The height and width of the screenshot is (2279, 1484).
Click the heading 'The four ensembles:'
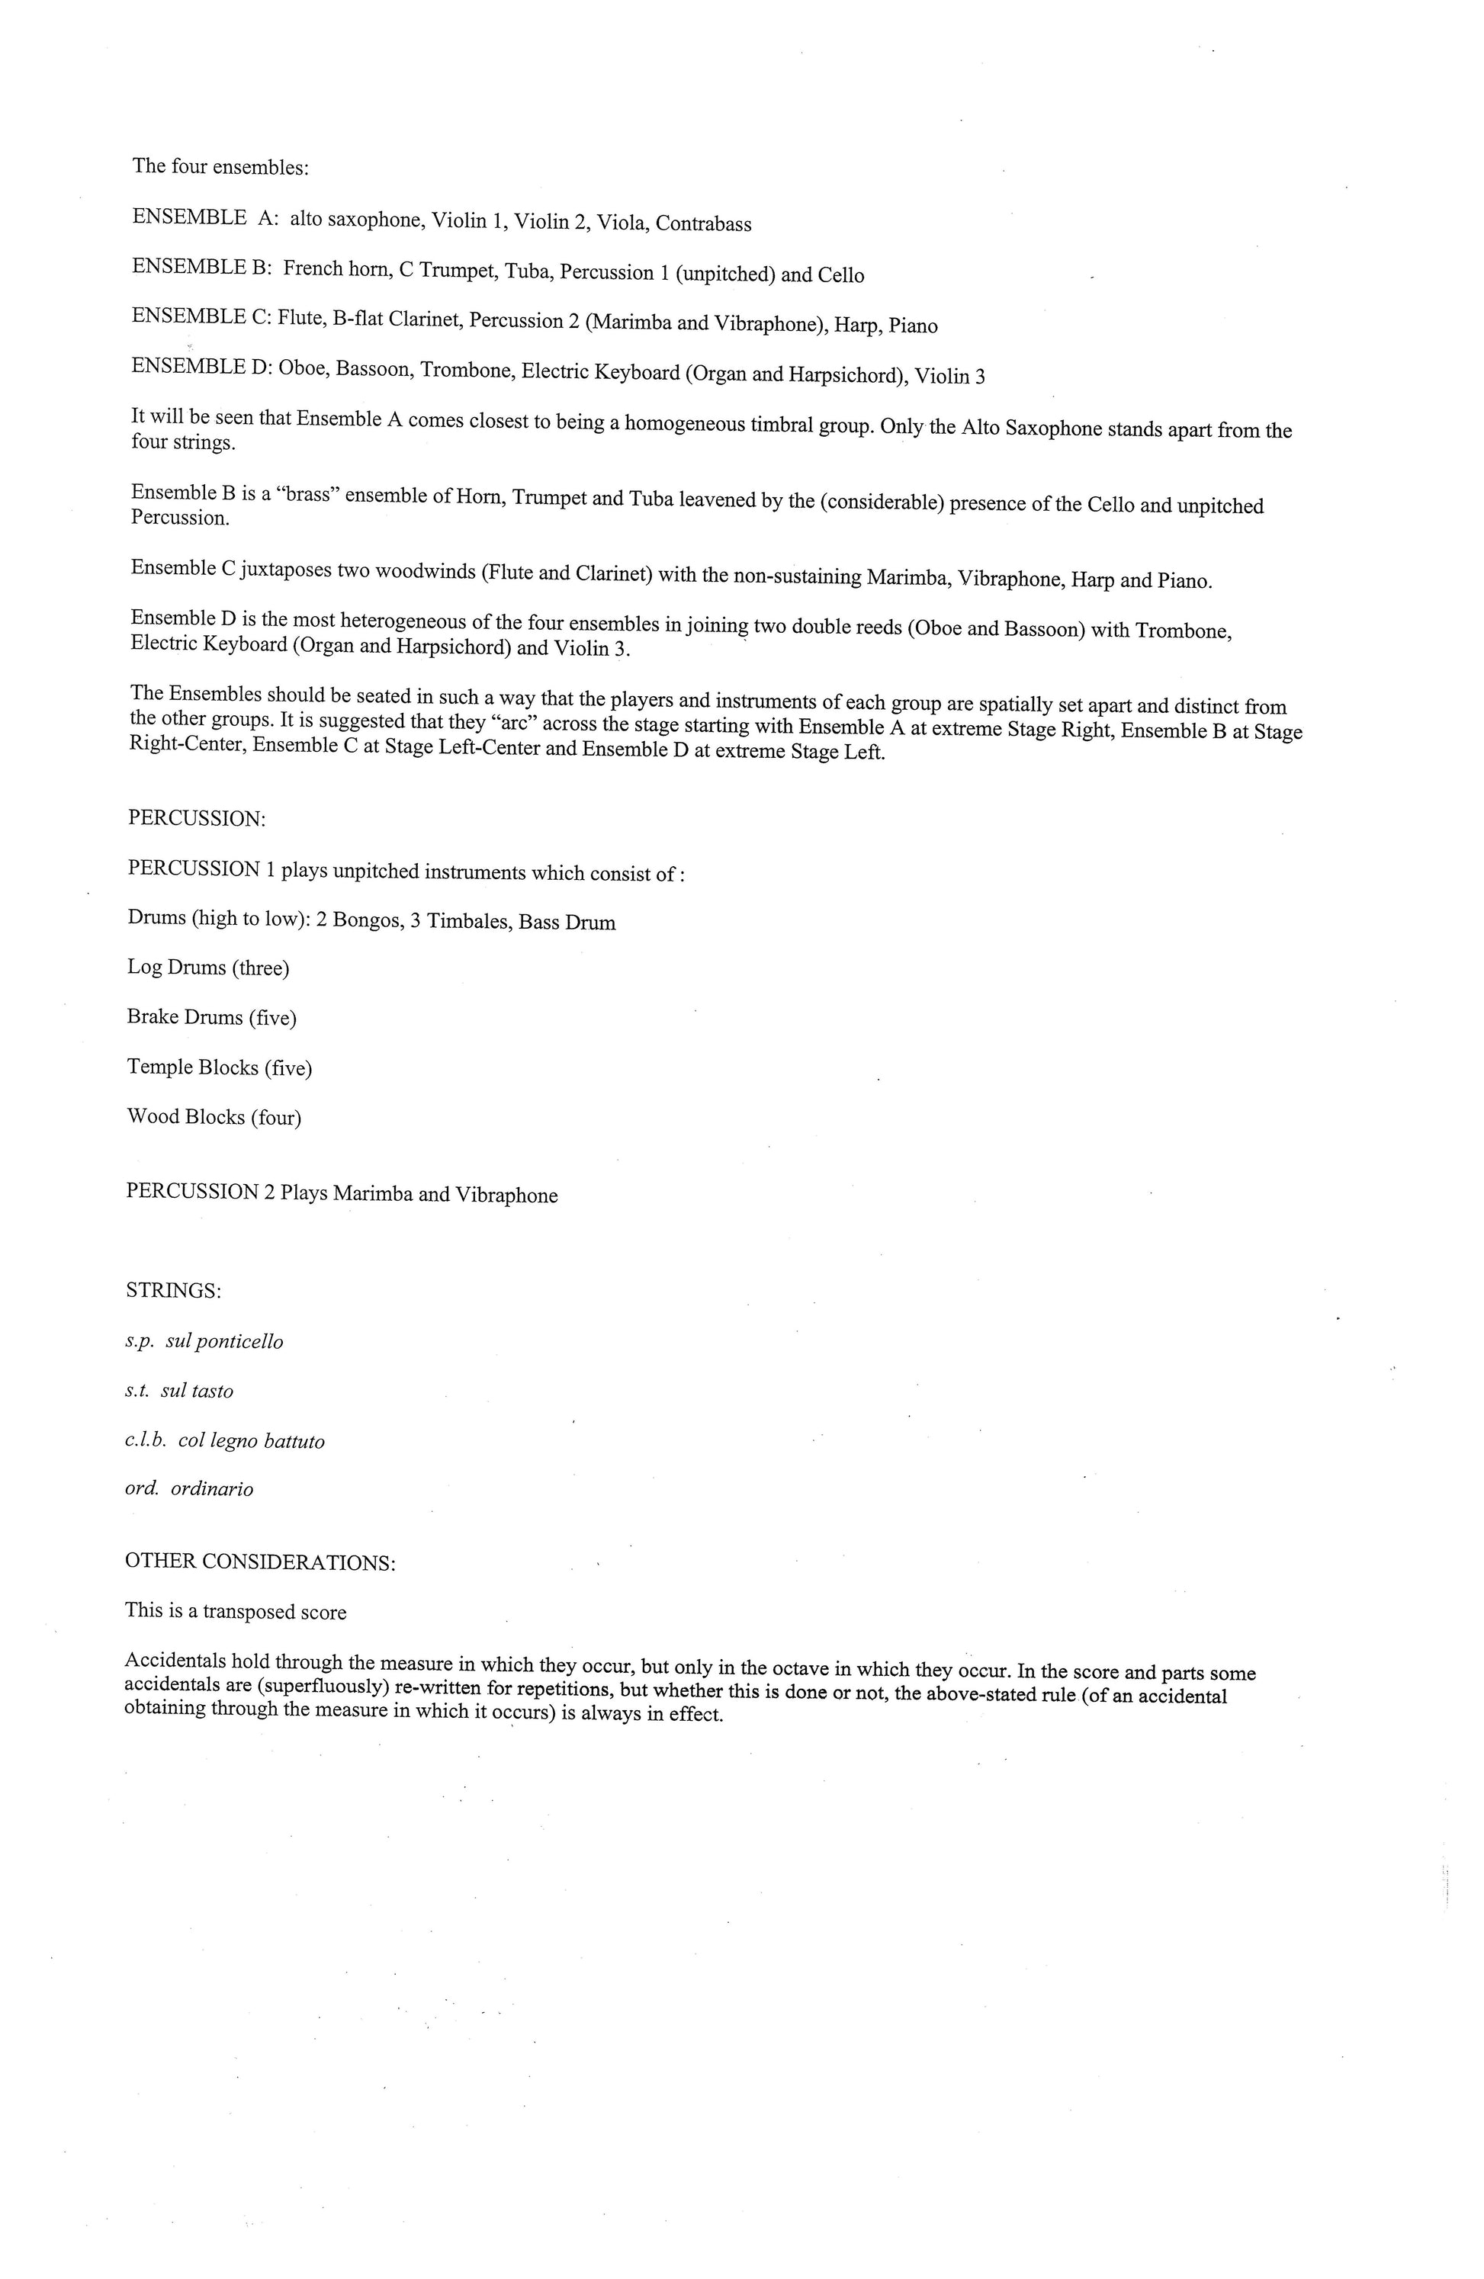pyautogui.click(x=220, y=167)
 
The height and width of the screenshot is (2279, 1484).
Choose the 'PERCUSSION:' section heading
pyautogui.click(x=196, y=819)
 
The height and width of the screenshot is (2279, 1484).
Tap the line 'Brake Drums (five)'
pyautogui.click(x=211, y=1018)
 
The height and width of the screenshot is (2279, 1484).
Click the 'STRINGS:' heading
pyautogui.click(x=173, y=1291)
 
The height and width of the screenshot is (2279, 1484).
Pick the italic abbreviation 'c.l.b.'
pyautogui.click(x=146, y=1441)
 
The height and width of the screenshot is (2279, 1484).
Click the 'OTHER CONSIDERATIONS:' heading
pyautogui.click(x=259, y=1562)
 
